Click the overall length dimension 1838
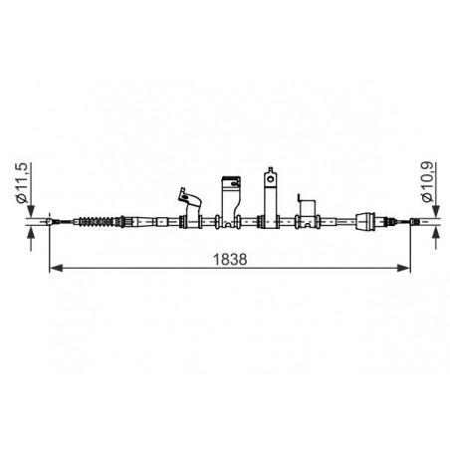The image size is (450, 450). [230, 259]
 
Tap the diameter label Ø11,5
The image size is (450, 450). [21, 183]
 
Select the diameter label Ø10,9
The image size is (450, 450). [427, 182]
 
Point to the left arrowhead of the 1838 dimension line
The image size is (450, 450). [56, 268]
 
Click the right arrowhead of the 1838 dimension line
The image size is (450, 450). [404, 268]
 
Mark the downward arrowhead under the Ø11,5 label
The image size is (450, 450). [31, 211]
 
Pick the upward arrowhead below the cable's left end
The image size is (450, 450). [31, 232]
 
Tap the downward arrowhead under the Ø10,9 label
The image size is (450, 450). [436, 211]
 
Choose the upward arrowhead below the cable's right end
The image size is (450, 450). [436, 232]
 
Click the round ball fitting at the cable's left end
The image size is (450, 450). [49, 222]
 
